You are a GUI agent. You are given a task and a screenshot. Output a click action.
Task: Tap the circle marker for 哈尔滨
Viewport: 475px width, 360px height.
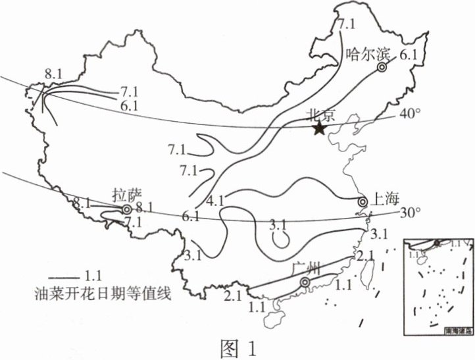(382, 67)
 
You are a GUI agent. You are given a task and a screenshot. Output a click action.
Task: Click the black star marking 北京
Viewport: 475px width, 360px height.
(320, 128)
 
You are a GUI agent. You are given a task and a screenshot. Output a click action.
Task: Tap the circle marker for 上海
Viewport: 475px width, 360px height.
(362, 201)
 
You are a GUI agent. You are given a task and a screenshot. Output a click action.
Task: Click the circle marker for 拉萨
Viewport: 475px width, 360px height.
(126, 210)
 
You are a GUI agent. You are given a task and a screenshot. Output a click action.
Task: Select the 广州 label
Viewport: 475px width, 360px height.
(305, 268)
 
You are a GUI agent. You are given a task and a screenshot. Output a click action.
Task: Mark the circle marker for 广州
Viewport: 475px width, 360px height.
(305, 282)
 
